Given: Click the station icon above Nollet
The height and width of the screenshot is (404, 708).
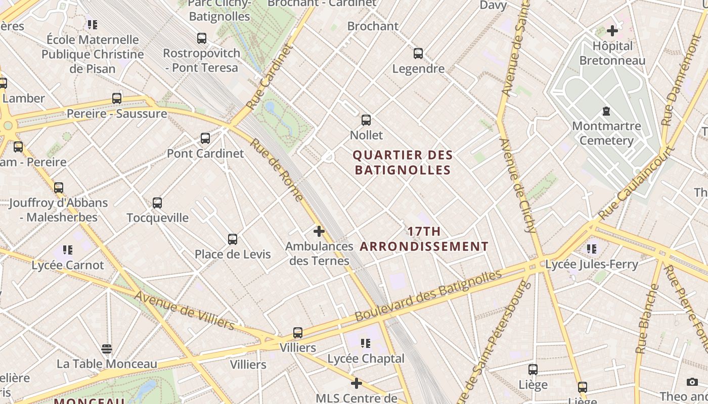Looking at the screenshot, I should pos(366,120).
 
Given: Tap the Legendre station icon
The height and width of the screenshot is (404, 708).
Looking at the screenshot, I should pos(418,53).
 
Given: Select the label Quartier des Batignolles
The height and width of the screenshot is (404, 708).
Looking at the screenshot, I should pos(403,162).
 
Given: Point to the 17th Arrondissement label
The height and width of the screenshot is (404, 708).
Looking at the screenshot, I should pos(424,239).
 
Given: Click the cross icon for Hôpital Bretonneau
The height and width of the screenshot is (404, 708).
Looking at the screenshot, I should pos(612,31).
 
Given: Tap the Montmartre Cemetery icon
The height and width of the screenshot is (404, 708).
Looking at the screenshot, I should pos(606,111).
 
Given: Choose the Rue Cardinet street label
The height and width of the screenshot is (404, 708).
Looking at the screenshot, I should pos(270,77).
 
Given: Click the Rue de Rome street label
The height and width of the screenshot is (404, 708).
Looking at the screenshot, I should pos(277,170).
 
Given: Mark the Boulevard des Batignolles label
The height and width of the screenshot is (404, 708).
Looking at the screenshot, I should pos(428,295).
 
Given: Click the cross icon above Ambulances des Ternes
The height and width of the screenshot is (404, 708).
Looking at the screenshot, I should pos(319,231).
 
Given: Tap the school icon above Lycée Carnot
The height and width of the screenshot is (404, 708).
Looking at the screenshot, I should pos(68,249).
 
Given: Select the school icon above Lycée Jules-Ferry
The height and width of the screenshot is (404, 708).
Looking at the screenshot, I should pos(592,248).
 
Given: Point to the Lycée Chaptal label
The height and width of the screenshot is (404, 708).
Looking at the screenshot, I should pos(366,359).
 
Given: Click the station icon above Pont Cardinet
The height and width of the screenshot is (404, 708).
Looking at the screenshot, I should pos(205,138).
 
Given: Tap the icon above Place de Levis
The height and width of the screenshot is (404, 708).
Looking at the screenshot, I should pos(233,239).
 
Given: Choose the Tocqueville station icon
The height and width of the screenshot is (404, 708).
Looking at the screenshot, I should pos(157,203).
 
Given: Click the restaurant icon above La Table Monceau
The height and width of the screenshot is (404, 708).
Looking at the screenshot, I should pos(106,348).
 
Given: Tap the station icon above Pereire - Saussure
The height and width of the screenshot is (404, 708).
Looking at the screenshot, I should pos(117,98).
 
